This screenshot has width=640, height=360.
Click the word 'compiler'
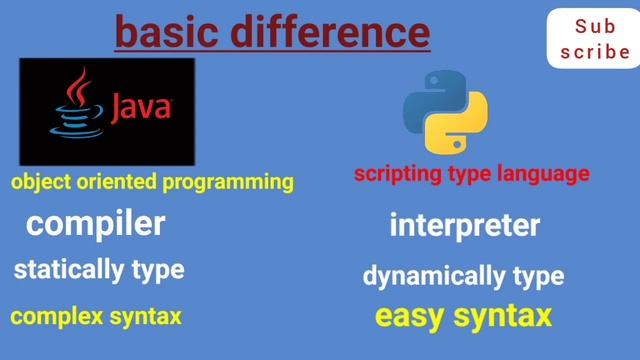click(95, 224)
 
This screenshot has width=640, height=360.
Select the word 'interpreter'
click(464, 225)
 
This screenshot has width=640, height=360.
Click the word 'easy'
click(411, 317)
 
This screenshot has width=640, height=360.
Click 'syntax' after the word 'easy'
click(503, 317)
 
